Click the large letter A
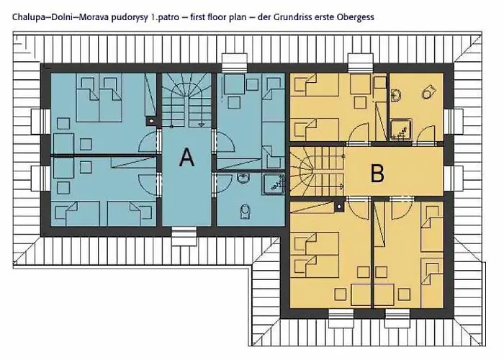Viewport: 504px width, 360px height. tap(186, 157)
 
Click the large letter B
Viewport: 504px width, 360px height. tap(377, 174)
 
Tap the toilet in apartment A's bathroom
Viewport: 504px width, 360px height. tap(246, 211)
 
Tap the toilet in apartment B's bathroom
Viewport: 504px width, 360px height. tap(428, 91)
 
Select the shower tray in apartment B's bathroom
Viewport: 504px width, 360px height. tap(402, 129)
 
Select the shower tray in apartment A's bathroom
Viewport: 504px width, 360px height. tap(274, 184)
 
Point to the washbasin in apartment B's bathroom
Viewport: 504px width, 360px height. tap(396, 96)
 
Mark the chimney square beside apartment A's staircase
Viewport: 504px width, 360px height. tap(151, 121)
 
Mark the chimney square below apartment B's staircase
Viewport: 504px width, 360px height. tap(339, 207)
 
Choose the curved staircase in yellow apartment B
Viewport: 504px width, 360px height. tap(317, 171)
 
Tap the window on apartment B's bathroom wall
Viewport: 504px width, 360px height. tap(454, 121)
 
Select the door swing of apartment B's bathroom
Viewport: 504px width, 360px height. tap(426, 134)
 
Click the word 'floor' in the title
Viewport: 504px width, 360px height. tap(218, 17)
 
